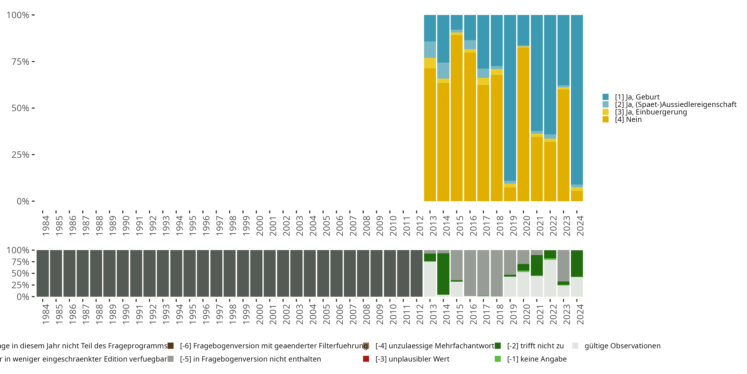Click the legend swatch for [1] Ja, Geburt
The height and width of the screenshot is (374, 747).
pos(606,97)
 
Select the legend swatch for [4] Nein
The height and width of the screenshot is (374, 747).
pos(606,119)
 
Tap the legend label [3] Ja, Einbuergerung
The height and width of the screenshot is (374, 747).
pos(651,112)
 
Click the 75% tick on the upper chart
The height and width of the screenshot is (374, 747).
pos(20,62)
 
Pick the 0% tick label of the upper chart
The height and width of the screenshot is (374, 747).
pos(23,201)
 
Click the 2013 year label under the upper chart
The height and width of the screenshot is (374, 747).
pos(433,226)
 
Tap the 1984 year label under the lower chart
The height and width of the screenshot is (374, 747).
pos(46,314)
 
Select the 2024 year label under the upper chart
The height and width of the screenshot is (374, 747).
pos(580,226)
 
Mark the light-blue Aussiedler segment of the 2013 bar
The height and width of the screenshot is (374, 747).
pos(430,50)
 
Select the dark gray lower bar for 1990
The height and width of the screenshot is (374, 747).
pos(123,273)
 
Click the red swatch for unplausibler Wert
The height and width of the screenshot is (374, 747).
pos(366,359)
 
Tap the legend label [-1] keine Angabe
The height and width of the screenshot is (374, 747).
pos(537,359)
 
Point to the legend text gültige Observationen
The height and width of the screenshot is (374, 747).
pos(622,346)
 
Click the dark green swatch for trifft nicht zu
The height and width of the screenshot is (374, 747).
pos(498,346)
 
